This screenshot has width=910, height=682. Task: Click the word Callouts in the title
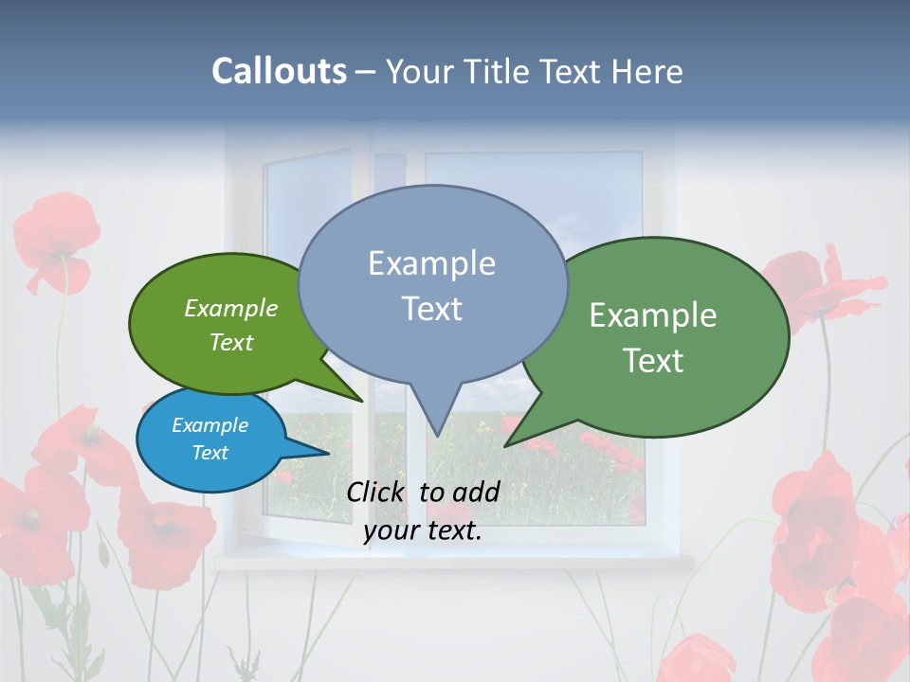[x=279, y=71]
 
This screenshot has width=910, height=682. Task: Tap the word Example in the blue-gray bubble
[x=431, y=263]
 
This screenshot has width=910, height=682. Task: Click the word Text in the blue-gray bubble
[x=431, y=309]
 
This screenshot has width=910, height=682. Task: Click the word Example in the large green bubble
[x=653, y=315]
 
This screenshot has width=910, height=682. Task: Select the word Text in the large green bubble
[x=653, y=361]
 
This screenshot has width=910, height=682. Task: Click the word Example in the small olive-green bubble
[x=230, y=309]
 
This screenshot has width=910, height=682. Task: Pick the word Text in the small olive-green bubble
[x=230, y=343]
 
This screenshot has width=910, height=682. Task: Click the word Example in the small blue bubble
[x=209, y=425]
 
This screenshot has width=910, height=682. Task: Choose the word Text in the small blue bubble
[x=209, y=453]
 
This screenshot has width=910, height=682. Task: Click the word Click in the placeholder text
[x=374, y=492]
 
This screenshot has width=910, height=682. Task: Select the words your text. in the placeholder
[x=423, y=531]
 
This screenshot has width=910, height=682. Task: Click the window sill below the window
[x=455, y=561]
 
